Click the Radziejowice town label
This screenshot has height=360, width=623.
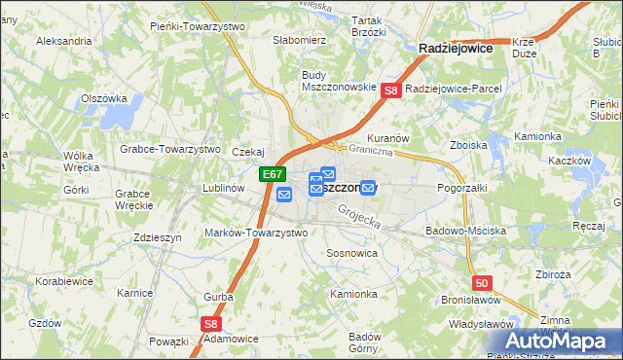click(455, 47)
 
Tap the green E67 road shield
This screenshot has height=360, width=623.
click(273, 175)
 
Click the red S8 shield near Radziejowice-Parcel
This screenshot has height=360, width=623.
click(391, 90)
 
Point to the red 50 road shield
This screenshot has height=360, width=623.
click(483, 283)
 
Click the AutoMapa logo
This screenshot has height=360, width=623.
click(562, 341)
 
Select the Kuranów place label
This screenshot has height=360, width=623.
click(387, 139)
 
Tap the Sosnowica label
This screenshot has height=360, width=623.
click(351, 252)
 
